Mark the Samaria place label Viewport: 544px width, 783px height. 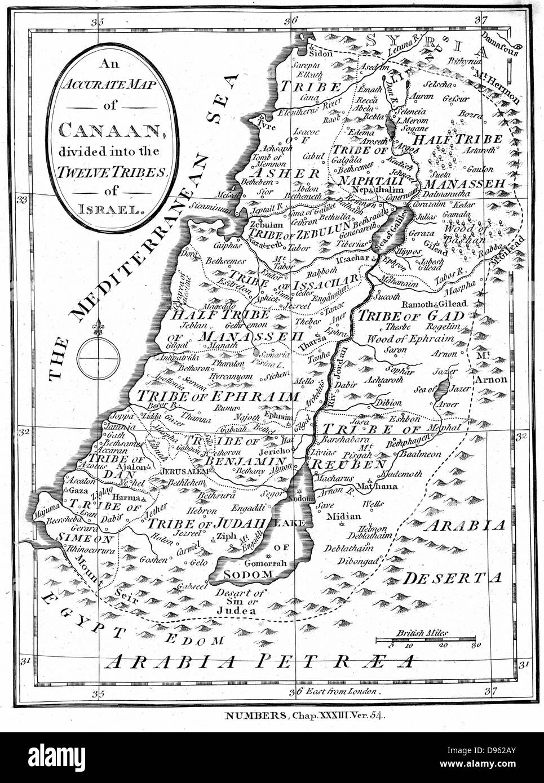275,355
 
